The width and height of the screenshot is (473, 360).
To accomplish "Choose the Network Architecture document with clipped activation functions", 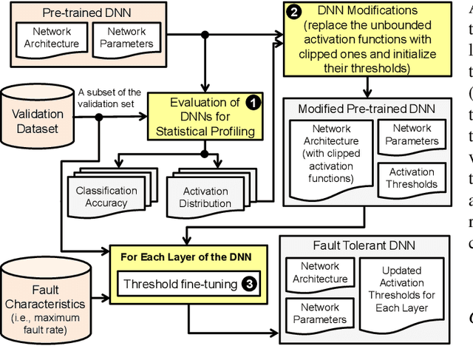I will (x=327, y=154).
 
